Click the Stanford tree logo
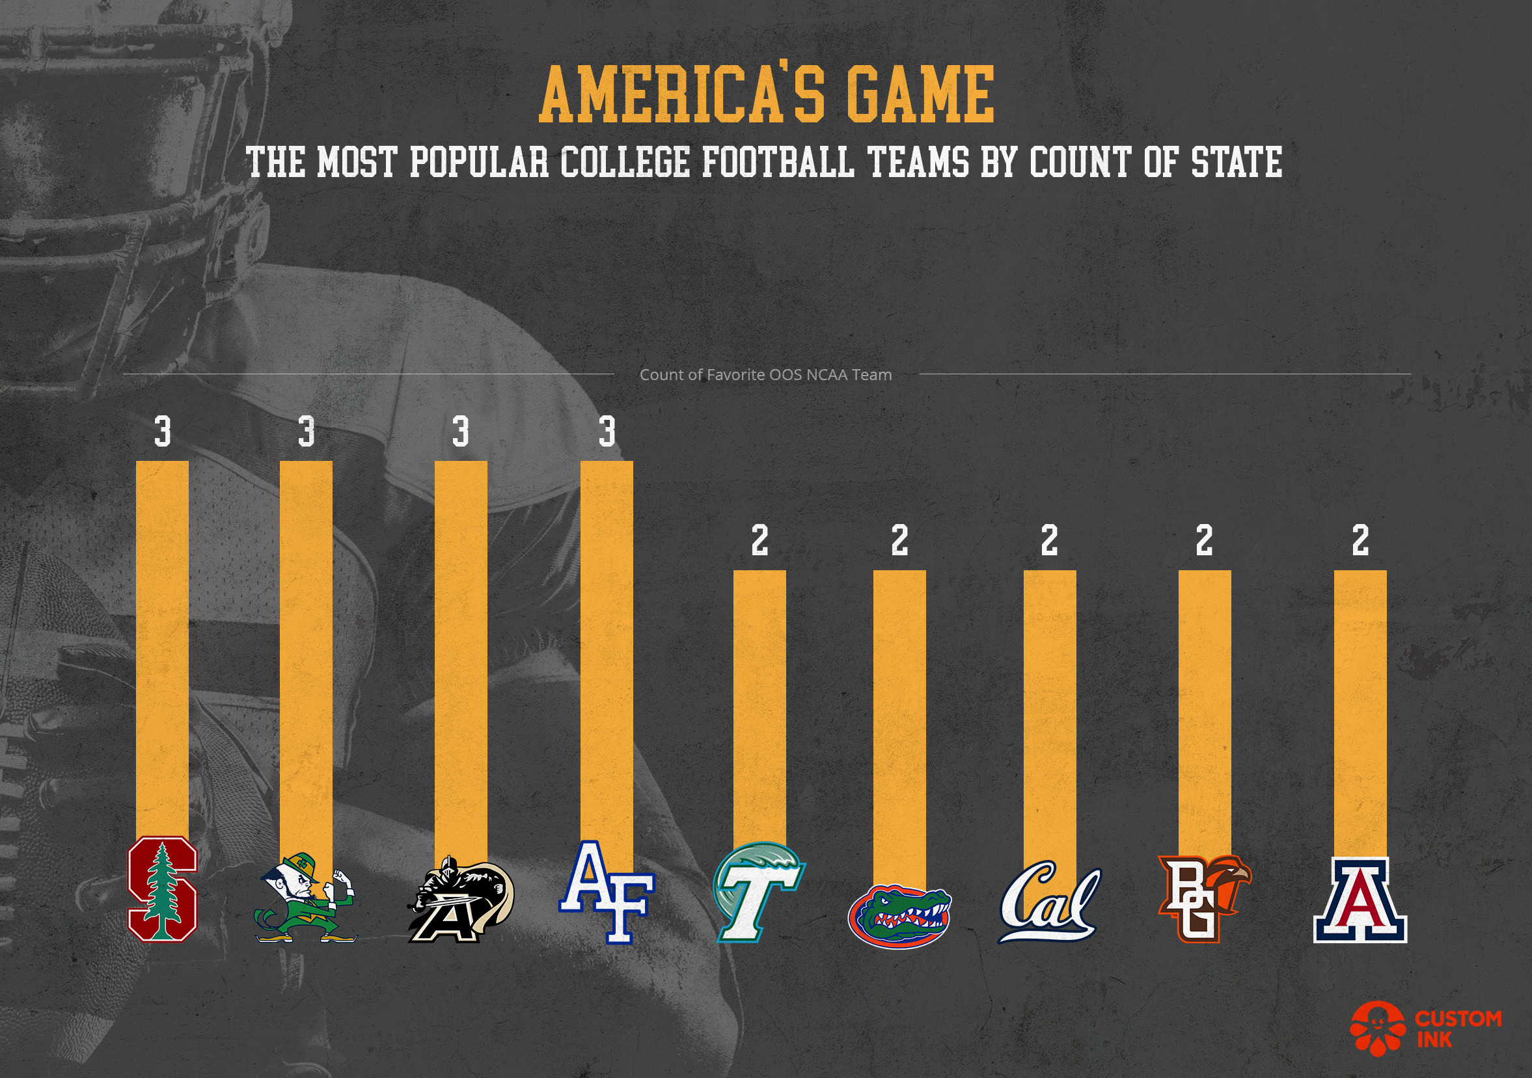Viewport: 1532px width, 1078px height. [162, 891]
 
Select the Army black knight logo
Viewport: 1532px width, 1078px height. [460, 901]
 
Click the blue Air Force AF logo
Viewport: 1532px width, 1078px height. [607, 892]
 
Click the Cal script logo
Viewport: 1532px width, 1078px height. [1048, 902]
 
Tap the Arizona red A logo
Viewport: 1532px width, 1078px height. [1360, 900]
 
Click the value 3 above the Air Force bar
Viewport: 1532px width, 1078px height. [607, 432]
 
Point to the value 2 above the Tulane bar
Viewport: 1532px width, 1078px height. [759, 541]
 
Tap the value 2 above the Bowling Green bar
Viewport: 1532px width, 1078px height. [1204, 541]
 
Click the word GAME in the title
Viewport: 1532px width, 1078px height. [920, 94]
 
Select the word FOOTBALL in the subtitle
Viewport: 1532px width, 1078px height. [777, 162]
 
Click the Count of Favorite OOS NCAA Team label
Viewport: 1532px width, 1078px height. [765, 375]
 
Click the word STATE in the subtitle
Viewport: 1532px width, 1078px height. [1237, 162]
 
